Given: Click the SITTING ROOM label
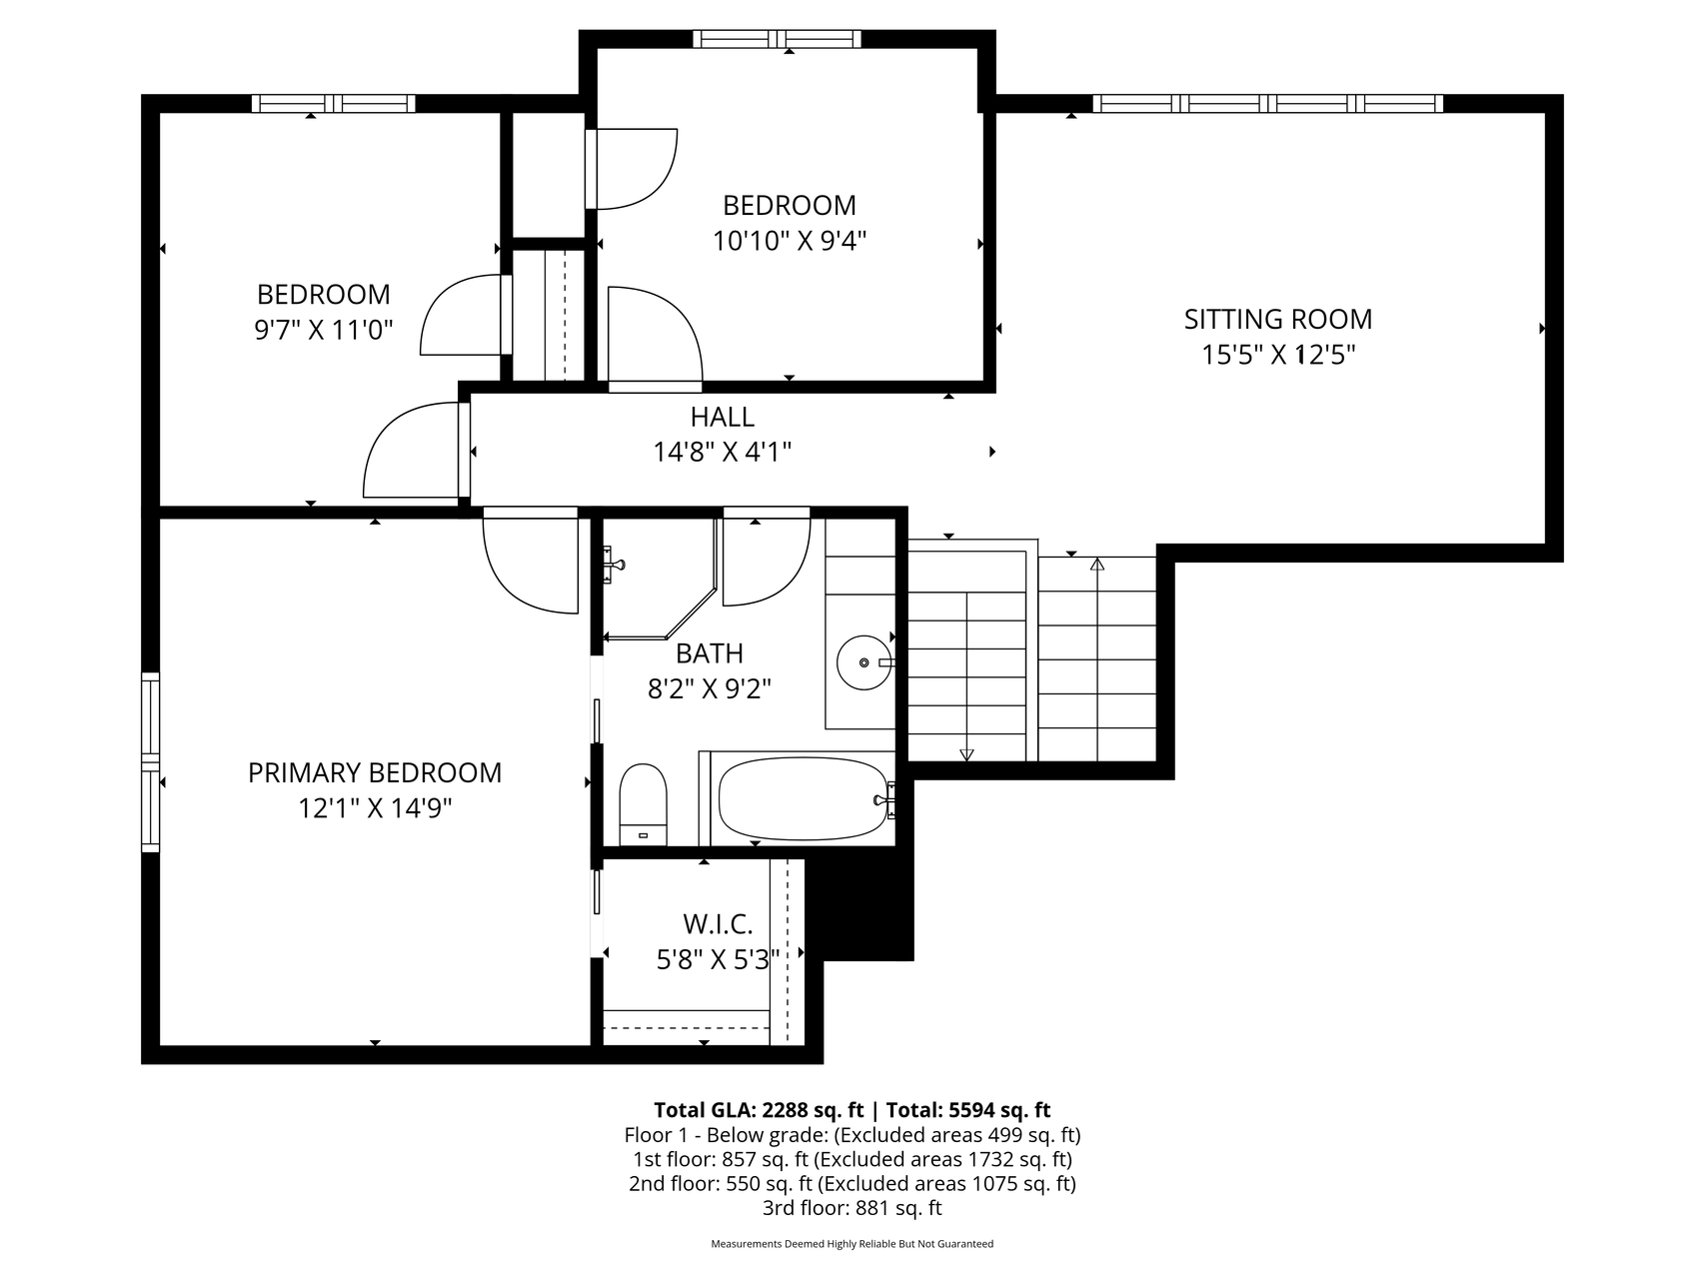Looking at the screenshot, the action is point(1277,319).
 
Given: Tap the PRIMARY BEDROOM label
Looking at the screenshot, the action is point(375,772).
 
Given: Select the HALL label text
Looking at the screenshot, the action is point(722,417).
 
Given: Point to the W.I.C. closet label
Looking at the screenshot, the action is point(718,924).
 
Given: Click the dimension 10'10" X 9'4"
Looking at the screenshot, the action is point(790,241).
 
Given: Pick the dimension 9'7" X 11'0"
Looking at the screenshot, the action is point(324,330).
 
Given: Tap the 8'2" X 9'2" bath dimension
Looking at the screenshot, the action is point(710,688).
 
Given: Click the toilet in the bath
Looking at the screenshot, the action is point(643,804).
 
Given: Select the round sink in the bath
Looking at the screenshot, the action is point(863,662).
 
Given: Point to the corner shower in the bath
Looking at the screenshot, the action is point(661,579).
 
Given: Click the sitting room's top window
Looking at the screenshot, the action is point(1267,103).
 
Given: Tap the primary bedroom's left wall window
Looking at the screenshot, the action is point(150,762).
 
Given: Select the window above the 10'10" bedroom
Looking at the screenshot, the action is point(778,39).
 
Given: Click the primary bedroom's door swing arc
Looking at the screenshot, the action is point(531,565).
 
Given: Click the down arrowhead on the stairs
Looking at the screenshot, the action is point(966,754).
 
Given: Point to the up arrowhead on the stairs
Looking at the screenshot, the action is point(1097,565).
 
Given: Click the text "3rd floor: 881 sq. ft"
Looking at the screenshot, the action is point(852,1208).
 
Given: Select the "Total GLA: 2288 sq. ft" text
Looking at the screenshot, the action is point(759,1110).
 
